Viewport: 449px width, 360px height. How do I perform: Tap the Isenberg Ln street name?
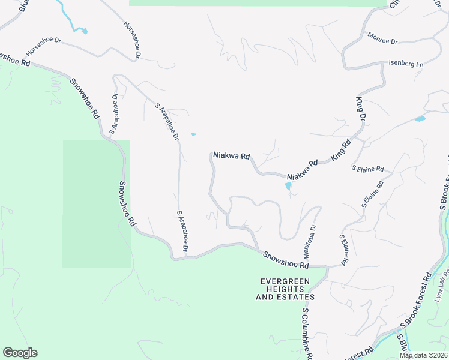(x=406, y=64)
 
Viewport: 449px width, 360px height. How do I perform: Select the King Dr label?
(x=361, y=109)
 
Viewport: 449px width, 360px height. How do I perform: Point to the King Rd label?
(x=340, y=152)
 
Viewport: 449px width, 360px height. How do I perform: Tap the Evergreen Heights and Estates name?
(x=285, y=289)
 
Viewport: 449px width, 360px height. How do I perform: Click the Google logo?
(x=20, y=353)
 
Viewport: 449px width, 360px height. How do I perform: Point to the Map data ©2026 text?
(x=424, y=355)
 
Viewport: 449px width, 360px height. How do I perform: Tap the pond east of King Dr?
(x=420, y=119)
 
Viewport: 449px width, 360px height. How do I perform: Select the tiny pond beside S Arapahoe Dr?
(x=193, y=134)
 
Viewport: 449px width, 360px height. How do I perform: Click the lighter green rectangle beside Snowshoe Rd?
(x=96, y=204)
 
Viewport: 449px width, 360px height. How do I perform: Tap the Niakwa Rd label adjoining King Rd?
(x=302, y=170)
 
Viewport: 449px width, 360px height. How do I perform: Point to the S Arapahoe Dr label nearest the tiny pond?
(x=167, y=122)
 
